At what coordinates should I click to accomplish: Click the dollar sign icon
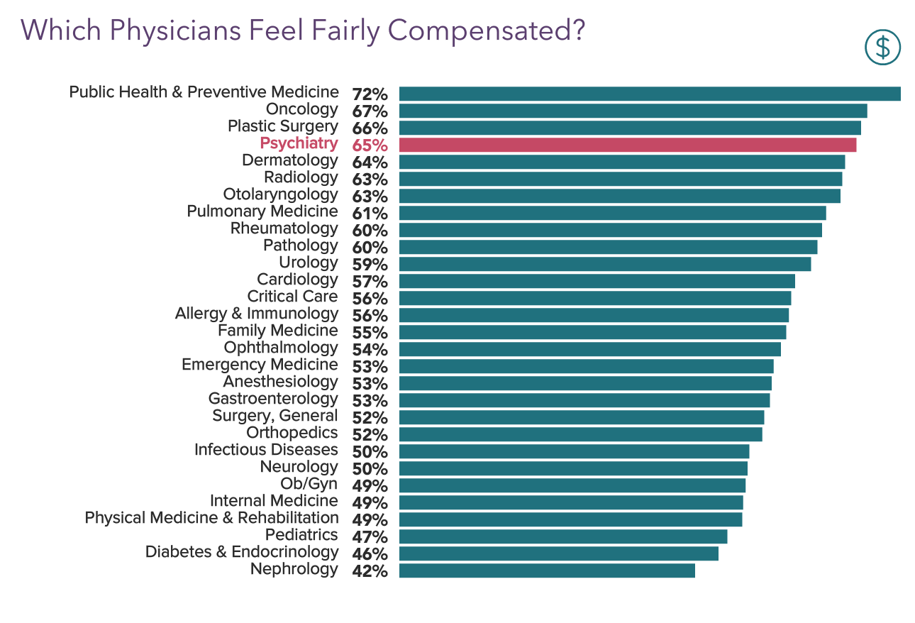click(x=882, y=48)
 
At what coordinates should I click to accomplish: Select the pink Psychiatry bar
click(x=627, y=145)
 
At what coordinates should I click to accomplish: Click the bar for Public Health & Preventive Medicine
click(x=649, y=94)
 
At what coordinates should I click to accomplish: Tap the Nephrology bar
click(x=546, y=570)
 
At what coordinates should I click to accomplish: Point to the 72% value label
click(x=370, y=94)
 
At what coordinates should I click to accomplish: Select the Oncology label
click(x=301, y=109)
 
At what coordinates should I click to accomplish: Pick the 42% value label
click(x=370, y=571)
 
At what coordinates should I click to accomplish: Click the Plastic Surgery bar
click(x=629, y=128)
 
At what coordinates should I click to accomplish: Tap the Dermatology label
click(x=289, y=160)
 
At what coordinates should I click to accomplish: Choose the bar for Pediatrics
click(x=562, y=536)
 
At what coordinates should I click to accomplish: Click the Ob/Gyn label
click(x=309, y=484)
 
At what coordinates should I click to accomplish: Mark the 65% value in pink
click(x=370, y=145)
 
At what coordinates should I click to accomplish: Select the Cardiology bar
click(x=597, y=281)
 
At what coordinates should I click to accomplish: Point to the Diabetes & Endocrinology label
click(x=241, y=552)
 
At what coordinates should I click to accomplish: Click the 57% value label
click(x=370, y=282)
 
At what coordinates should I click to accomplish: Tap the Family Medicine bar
click(x=592, y=332)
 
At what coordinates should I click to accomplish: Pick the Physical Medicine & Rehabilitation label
click(x=211, y=518)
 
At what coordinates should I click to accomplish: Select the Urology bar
click(x=604, y=264)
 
